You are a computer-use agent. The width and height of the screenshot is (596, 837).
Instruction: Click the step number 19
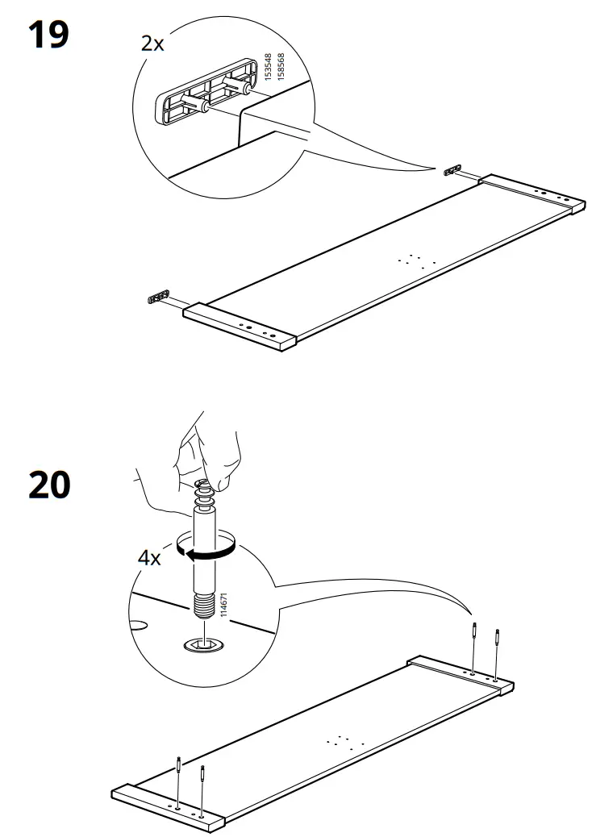[49, 35]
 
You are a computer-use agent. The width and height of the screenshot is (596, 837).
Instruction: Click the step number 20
[49, 486]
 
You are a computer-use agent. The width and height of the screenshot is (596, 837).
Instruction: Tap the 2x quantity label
[152, 44]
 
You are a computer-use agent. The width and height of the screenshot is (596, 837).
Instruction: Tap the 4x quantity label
[148, 558]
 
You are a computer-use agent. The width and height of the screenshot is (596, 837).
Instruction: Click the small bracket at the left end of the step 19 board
[157, 298]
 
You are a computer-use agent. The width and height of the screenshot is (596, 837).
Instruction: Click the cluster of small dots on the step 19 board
[417, 260]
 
